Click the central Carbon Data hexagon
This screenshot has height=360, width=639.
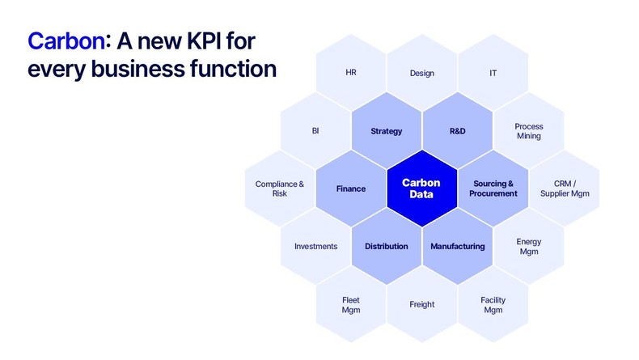[x=421, y=188]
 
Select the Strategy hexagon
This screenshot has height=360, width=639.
[x=386, y=131]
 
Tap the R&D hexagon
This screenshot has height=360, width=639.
[x=457, y=131]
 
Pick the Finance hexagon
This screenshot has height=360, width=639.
[x=350, y=188]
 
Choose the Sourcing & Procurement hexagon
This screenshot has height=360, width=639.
[x=493, y=188]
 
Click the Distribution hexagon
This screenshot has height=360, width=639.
[x=386, y=246]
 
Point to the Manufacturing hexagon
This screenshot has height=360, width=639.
[x=457, y=246]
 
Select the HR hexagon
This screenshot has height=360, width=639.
[x=350, y=73]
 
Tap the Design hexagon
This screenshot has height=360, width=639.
[x=421, y=73]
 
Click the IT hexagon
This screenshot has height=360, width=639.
[x=493, y=73]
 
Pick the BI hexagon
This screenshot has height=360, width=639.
[x=315, y=131]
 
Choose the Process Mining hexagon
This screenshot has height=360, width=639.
[x=528, y=131]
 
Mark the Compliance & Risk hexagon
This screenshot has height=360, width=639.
[x=280, y=188]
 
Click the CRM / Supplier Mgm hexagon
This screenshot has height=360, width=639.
[x=564, y=188]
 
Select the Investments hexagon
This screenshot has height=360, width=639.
[x=315, y=246]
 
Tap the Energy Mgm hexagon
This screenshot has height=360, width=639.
[x=528, y=246]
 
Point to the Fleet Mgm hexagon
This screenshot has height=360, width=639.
[x=350, y=304]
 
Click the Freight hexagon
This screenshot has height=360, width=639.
[x=421, y=304]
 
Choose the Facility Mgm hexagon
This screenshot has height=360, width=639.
[x=493, y=304]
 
